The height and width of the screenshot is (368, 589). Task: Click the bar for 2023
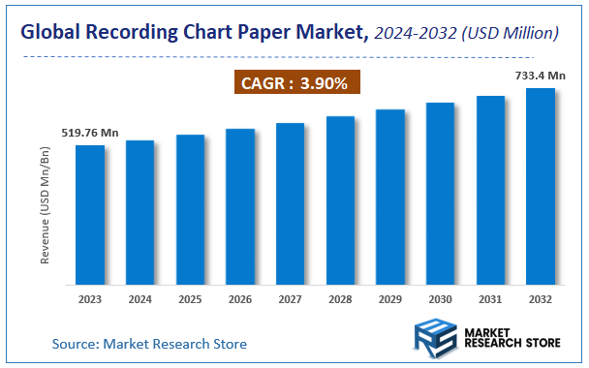pyautogui.click(x=90, y=214)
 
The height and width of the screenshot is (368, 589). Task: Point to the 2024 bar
pyautogui.click(x=139, y=212)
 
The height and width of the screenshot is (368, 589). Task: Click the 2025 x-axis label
pyautogui.click(x=190, y=299)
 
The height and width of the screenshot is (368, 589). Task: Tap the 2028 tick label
pyautogui.click(x=340, y=299)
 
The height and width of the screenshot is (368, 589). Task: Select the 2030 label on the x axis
pyautogui.click(x=440, y=299)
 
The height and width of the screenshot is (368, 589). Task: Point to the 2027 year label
pyautogui.click(x=290, y=299)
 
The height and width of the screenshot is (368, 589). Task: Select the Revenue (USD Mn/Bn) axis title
pyautogui.click(x=45, y=207)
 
